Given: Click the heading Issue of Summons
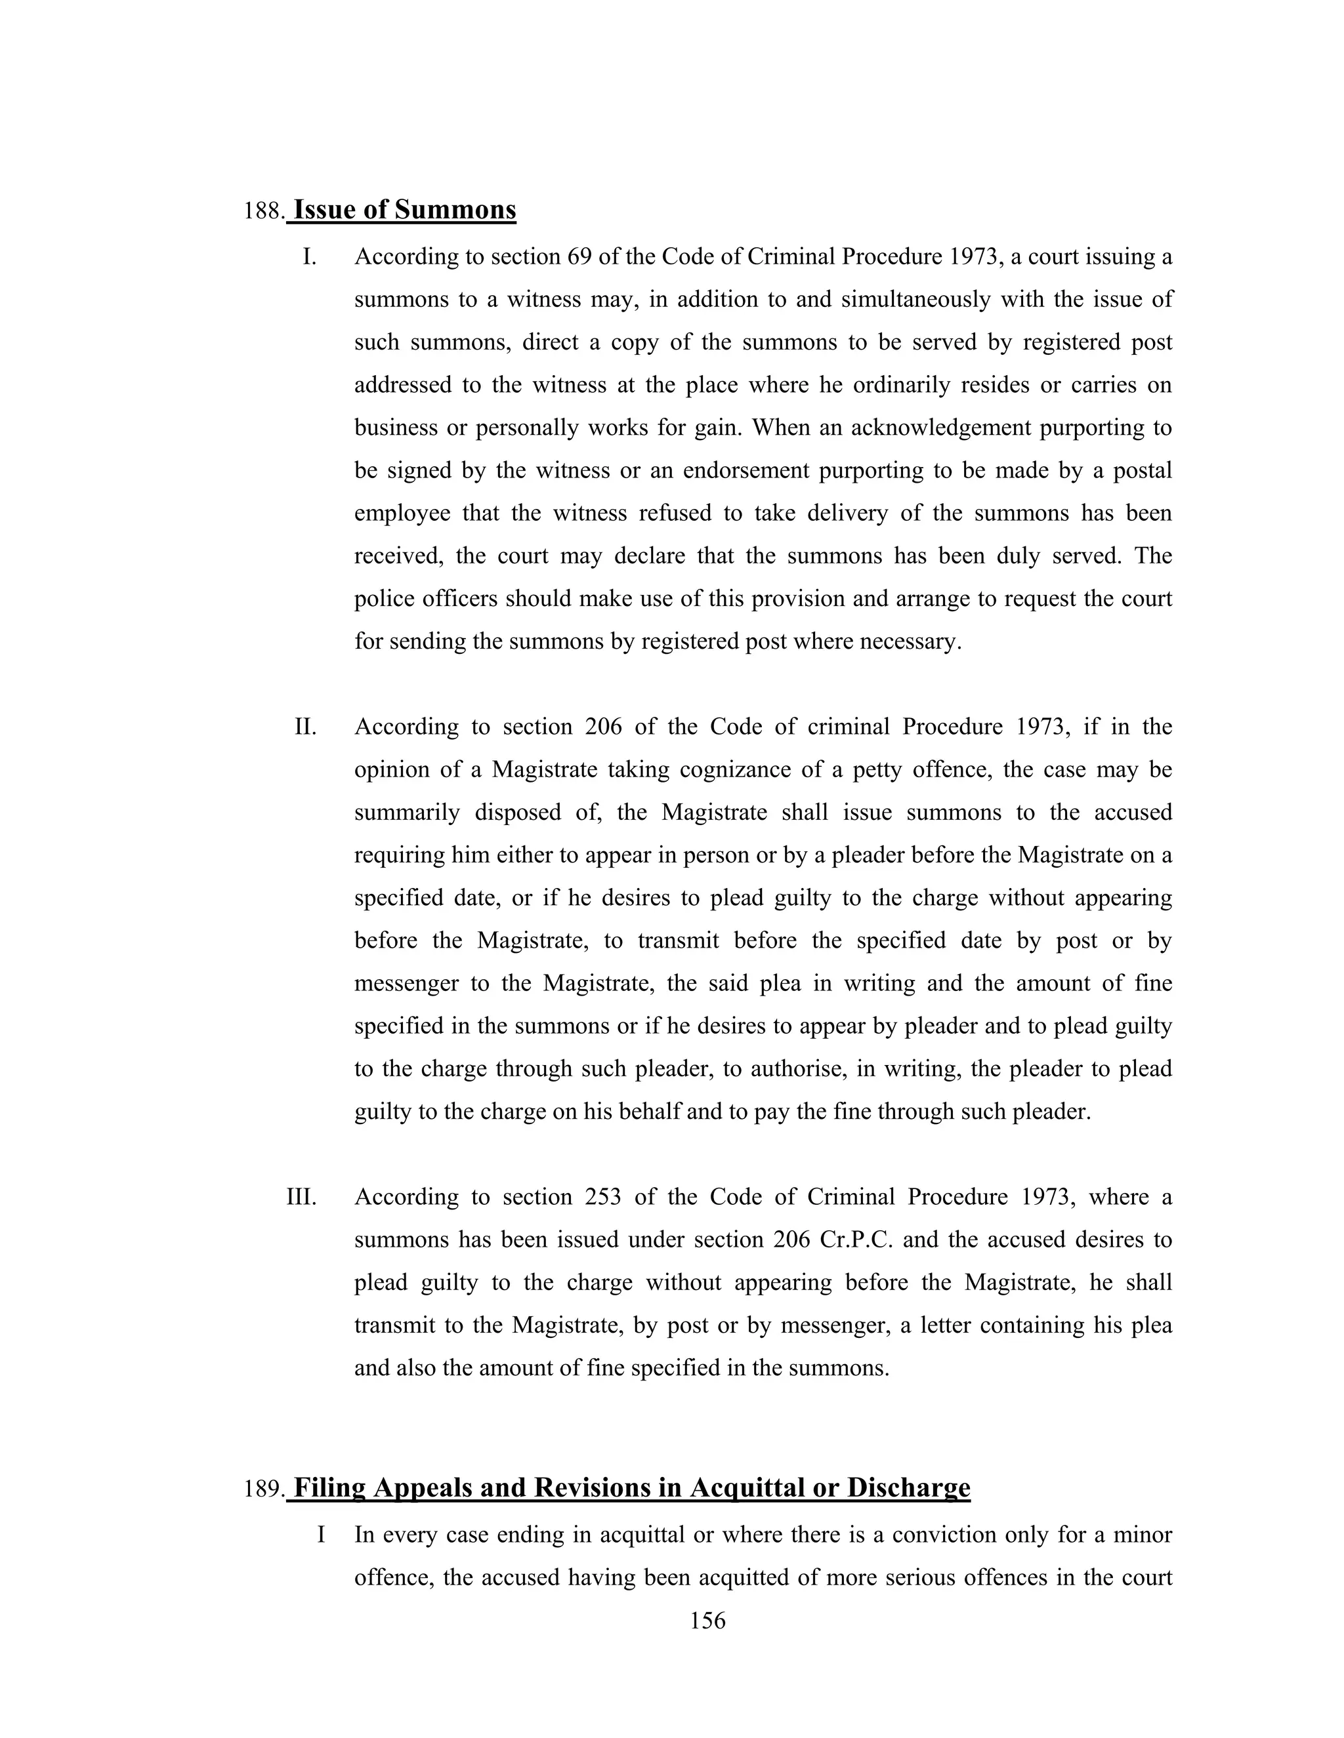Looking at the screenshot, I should point(404,210).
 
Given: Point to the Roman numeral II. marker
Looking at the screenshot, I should point(306,727).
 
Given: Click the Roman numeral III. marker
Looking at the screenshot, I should point(302,1198).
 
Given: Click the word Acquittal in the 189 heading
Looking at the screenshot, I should point(746,1487).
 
